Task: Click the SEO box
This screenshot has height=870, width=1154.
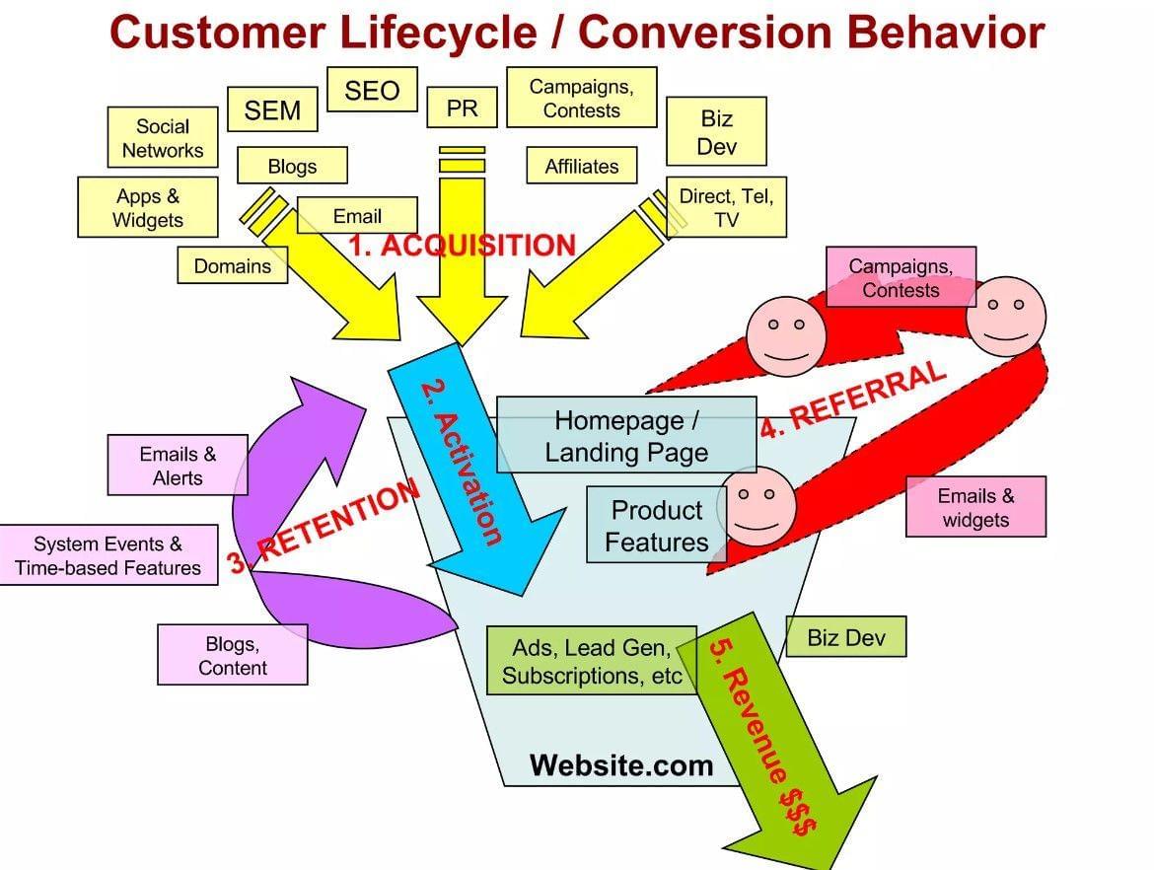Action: click(x=372, y=90)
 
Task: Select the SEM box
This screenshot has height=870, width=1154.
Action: click(x=272, y=109)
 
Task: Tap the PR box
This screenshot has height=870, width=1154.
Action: click(x=463, y=108)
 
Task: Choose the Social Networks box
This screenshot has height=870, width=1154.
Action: click(x=163, y=138)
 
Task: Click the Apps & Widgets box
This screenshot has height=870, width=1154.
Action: click(x=148, y=207)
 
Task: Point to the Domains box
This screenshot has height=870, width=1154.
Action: click(x=233, y=265)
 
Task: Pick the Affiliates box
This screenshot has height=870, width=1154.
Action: click(x=581, y=166)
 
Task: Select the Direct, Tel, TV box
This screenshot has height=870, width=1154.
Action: click(x=726, y=207)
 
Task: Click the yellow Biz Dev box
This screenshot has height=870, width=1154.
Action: click(x=716, y=131)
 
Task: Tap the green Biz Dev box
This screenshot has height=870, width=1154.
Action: click(x=846, y=636)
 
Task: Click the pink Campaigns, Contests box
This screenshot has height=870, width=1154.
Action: click(x=901, y=277)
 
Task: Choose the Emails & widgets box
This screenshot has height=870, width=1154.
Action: click(x=975, y=506)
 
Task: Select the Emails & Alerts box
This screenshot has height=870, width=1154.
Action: click(x=178, y=466)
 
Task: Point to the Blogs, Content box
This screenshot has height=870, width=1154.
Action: click(x=233, y=655)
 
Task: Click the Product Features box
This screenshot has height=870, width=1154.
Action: click(x=657, y=525)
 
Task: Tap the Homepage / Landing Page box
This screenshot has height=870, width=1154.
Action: click(x=626, y=435)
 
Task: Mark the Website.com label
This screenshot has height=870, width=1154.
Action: click(x=621, y=764)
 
